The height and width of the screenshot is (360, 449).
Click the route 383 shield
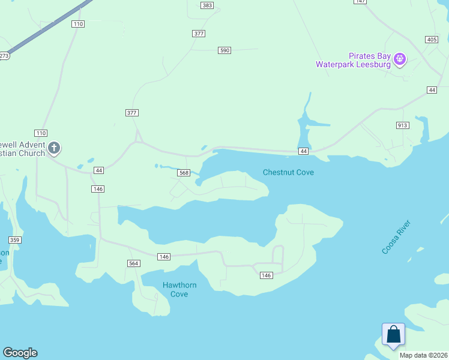[x=207, y=5]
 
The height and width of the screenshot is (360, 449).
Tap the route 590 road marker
[x=224, y=50]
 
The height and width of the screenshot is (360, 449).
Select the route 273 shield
[x=3, y=56]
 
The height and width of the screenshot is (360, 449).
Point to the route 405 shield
[x=431, y=40]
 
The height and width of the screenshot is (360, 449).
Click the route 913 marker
[x=402, y=125]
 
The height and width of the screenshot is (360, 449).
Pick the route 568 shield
[x=184, y=173]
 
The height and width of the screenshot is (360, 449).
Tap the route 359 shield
[x=15, y=240]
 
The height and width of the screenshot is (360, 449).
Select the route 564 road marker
[x=134, y=263]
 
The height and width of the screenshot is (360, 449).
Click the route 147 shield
[x=360, y=2]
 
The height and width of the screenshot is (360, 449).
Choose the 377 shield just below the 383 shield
[x=199, y=34]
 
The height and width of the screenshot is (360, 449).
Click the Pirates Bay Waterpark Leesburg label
[x=355, y=60]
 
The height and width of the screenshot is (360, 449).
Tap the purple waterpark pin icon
[x=400, y=59]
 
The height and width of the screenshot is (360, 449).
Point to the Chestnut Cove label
[x=288, y=172]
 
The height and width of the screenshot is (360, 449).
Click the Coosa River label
[x=396, y=237]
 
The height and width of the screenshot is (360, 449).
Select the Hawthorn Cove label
[x=179, y=289]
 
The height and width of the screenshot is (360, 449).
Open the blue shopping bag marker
[x=393, y=334]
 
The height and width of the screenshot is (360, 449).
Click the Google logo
[x=20, y=353]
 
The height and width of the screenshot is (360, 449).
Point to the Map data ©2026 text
[x=423, y=355]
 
